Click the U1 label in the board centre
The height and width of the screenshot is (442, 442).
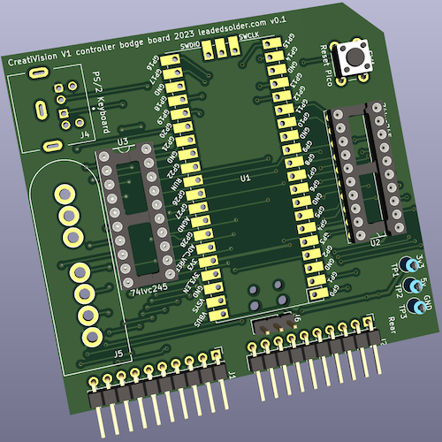click(x=246, y=179)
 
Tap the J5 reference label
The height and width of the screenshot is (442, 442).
click(x=118, y=352)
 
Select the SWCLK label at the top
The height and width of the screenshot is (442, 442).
click(x=250, y=37)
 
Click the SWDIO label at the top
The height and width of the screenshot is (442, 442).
click(x=189, y=43)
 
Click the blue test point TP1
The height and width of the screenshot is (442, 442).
click(x=408, y=264)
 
